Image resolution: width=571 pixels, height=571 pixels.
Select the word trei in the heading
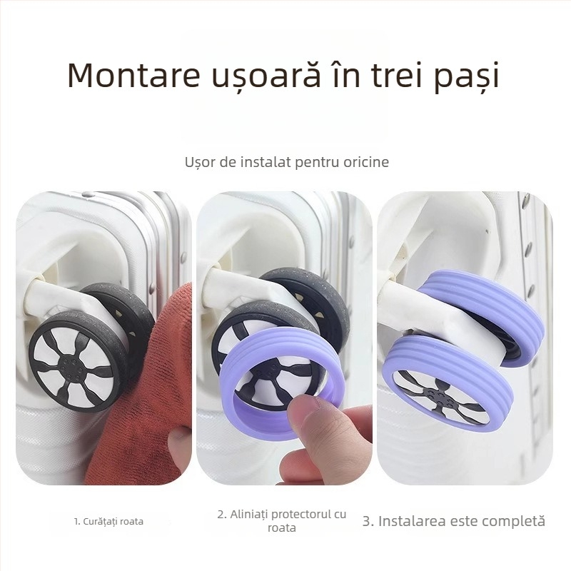tap(383, 76)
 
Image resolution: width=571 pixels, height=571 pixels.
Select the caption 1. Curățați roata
tap(108, 521)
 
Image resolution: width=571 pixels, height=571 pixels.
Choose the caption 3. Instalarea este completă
tap(453, 521)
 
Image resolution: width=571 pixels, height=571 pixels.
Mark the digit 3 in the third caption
tap(367, 521)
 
